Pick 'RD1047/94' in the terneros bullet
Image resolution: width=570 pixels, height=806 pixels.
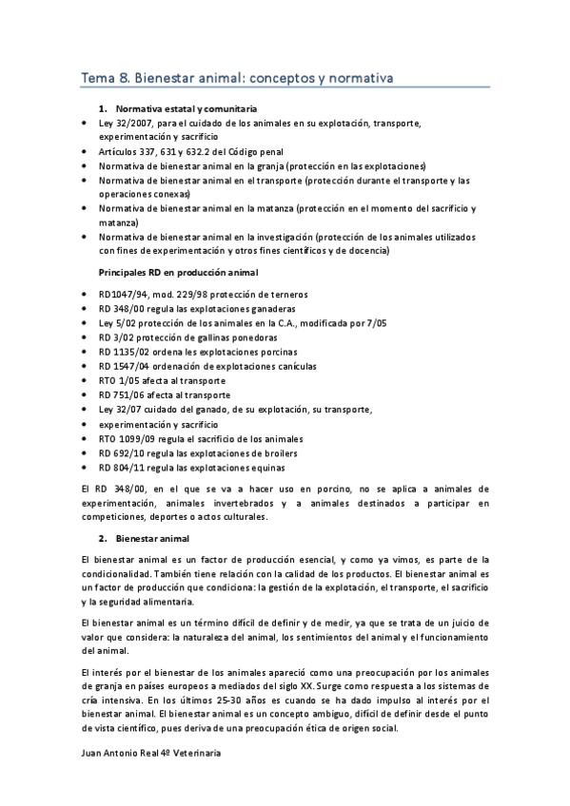(124, 294)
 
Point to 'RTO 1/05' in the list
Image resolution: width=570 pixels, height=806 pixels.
(120, 380)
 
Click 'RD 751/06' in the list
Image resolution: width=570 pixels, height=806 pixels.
(122, 394)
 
